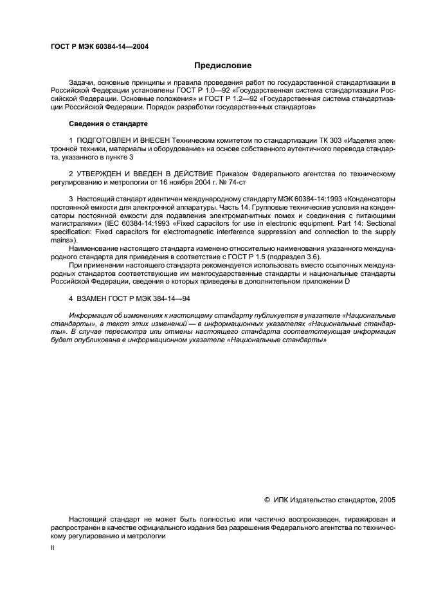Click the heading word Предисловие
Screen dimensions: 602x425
click(x=223, y=66)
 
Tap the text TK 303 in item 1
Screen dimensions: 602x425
click(x=298, y=139)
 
